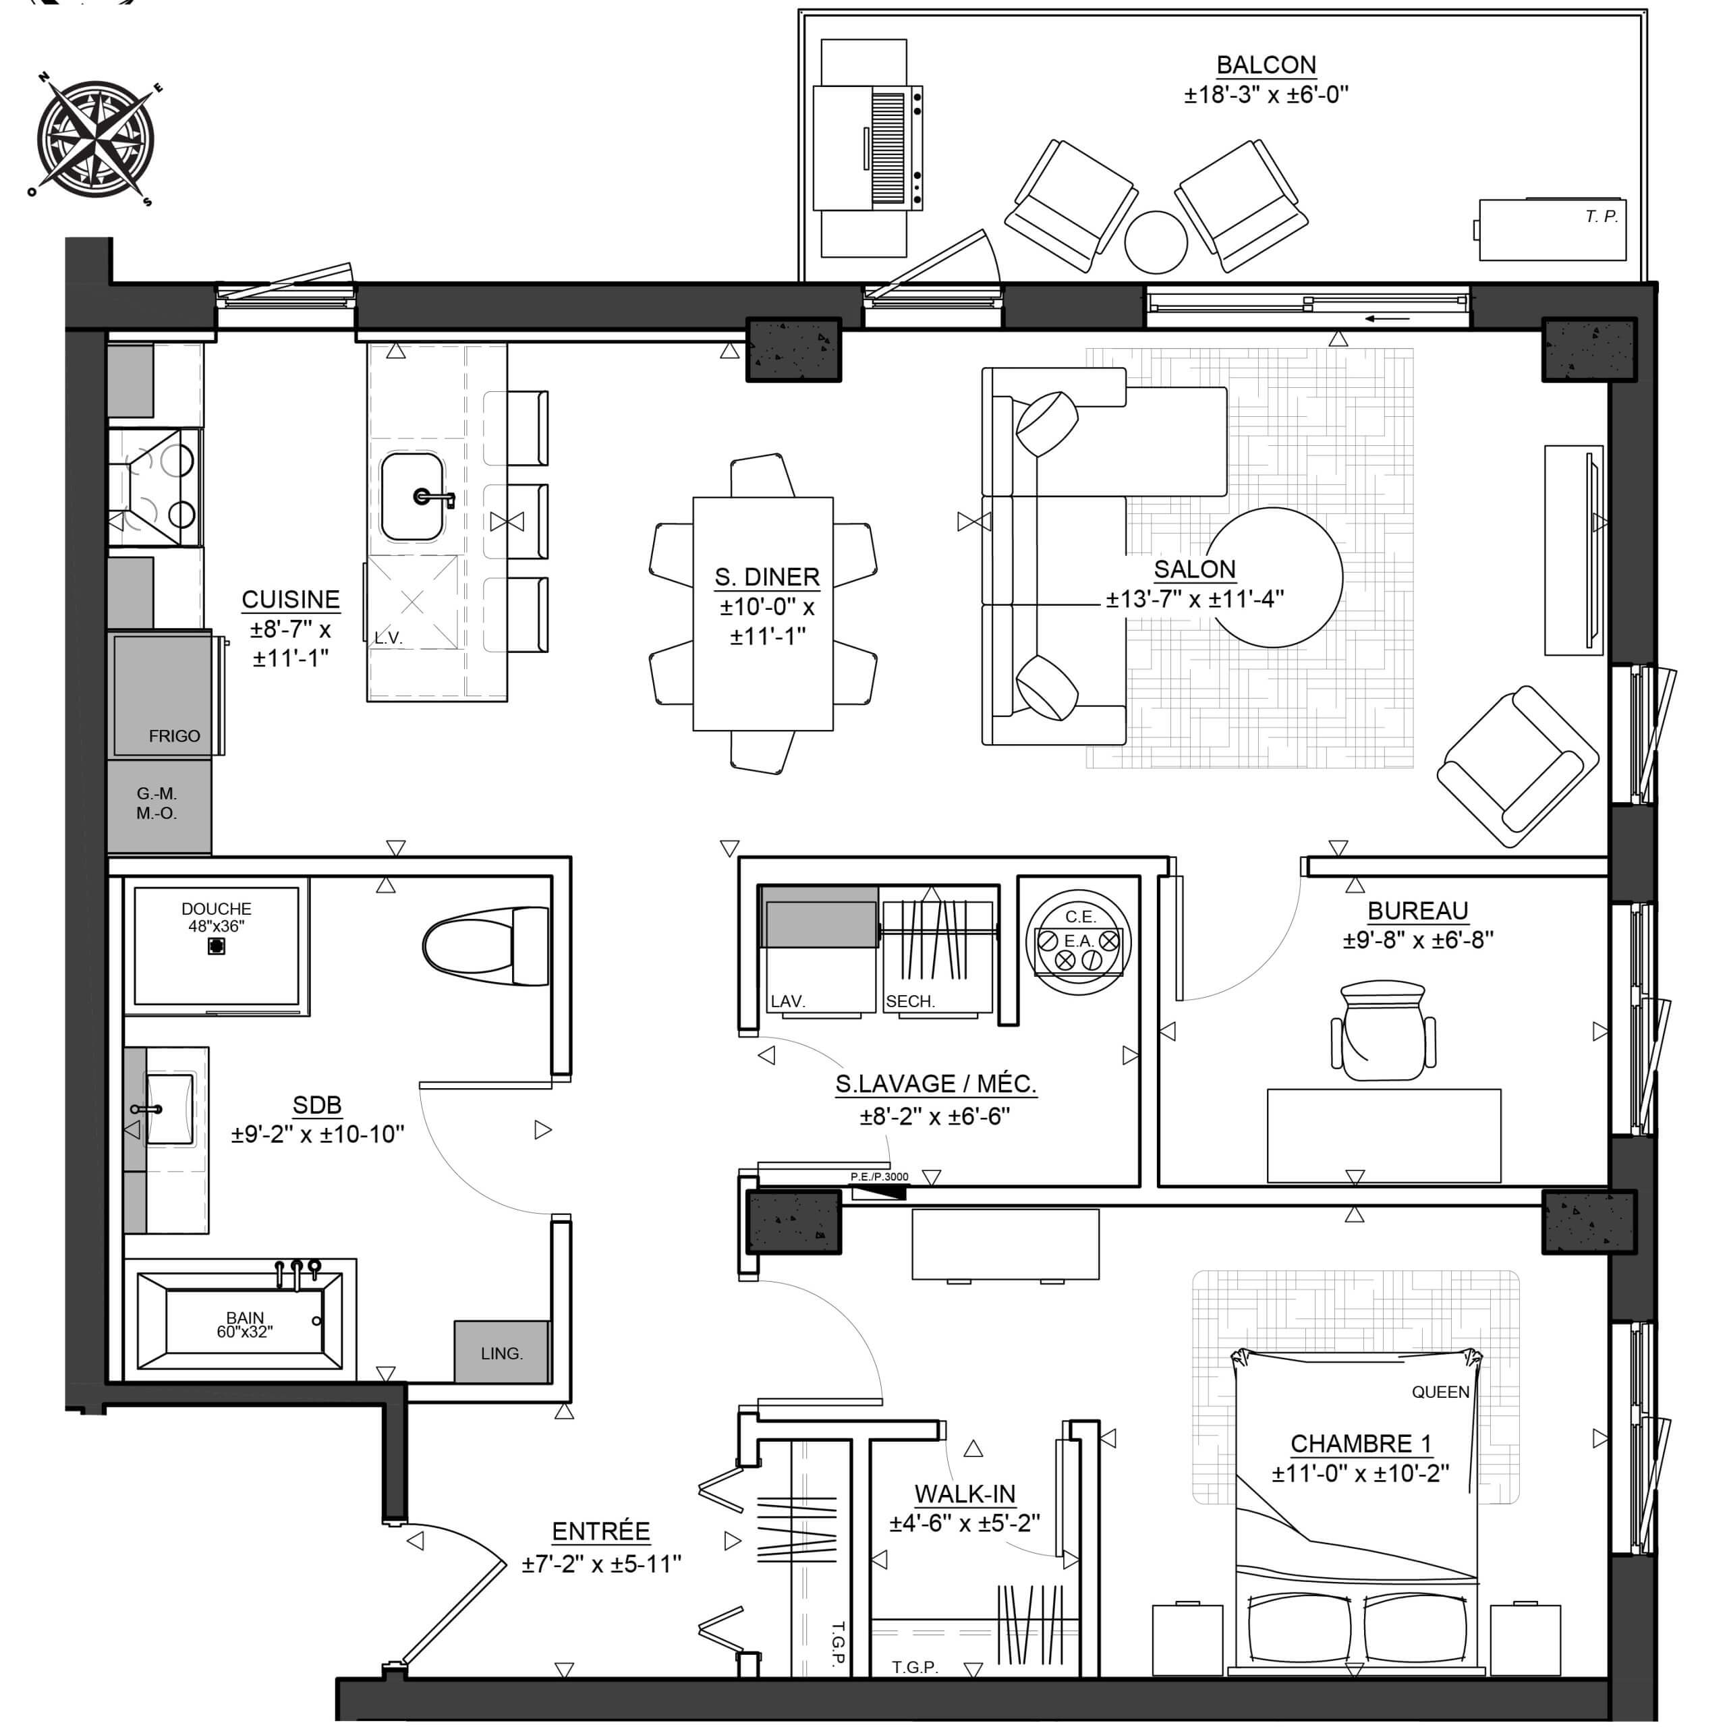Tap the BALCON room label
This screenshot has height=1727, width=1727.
1266,65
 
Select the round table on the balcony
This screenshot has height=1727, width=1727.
1155,242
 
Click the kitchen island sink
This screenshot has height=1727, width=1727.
412,497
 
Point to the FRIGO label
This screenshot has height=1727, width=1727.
174,736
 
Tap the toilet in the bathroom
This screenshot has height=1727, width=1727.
486,946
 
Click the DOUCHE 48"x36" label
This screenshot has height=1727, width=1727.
217,917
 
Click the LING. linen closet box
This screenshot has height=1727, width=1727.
501,1353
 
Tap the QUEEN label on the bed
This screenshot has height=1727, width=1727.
1440,1392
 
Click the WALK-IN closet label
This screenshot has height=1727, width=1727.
965,1494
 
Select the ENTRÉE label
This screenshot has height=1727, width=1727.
600,1531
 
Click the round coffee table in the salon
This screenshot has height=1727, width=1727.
1274,577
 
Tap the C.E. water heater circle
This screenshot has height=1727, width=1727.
1079,940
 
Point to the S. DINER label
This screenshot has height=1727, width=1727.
767,577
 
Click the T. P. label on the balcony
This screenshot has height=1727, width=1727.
1602,217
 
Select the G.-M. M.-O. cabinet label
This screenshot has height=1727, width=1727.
157,803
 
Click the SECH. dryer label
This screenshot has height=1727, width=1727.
910,1002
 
